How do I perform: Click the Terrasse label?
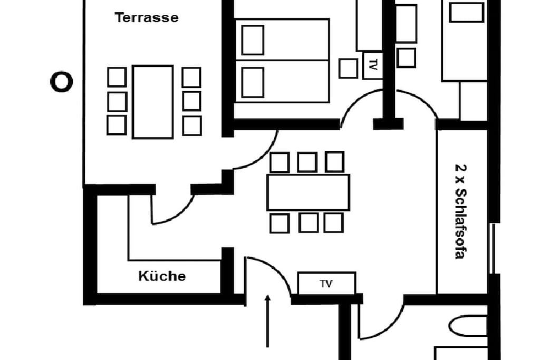click(x=147, y=17)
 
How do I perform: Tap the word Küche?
click(x=162, y=276)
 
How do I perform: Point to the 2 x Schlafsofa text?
click(x=460, y=211)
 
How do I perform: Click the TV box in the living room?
click(x=326, y=283)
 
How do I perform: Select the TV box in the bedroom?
click(x=373, y=65)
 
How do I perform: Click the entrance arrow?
click(x=267, y=321)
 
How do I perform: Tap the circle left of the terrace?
click(x=62, y=82)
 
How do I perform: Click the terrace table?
click(x=152, y=102)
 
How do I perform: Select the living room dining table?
click(x=308, y=192)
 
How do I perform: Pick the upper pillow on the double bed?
click(x=253, y=40)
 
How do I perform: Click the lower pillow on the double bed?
click(x=253, y=83)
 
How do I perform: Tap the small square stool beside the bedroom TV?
click(x=348, y=68)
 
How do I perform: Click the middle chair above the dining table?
click(x=307, y=162)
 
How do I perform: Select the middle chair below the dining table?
click(x=308, y=222)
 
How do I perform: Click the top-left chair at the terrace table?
click(x=117, y=77)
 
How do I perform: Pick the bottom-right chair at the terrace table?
click(x=192, y=125)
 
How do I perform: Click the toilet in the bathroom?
click(x=468, y=326)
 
